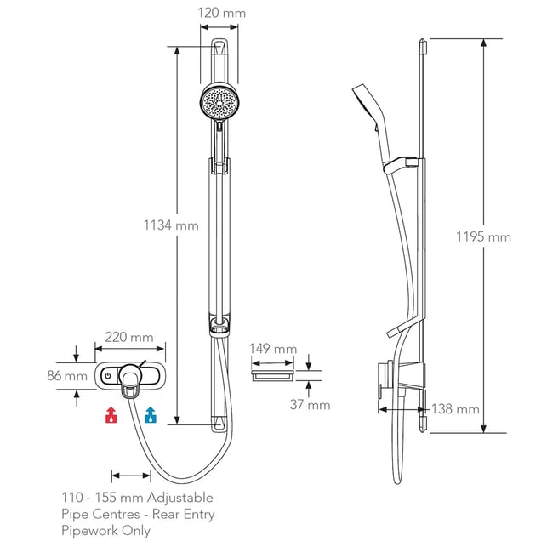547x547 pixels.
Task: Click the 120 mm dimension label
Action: (x=221, y=14)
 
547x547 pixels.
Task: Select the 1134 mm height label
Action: (x=171, y=225)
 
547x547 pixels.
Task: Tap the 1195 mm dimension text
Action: (x=483, y=237)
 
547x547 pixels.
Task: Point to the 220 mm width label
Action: (x=129, y=338)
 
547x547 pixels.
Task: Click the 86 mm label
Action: (x=67, y=376)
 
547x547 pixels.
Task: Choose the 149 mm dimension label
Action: (x=273, y=349)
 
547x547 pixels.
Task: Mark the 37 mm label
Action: (x=311, y=405)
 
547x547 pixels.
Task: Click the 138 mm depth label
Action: (x=455, y=409)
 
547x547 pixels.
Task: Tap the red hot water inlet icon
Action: (x=111, y=415)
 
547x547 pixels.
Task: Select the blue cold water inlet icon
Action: (x=151, y=415)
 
